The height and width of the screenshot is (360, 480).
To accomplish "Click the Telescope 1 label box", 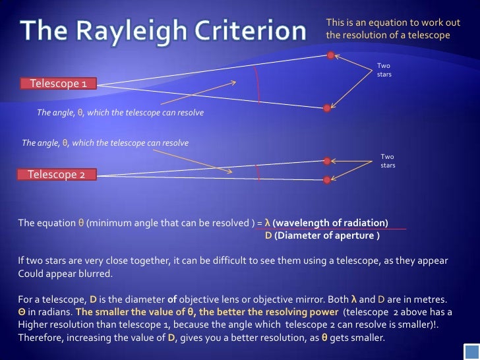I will coord(58,84).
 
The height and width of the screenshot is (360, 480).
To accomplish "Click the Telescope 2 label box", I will coord(57,175).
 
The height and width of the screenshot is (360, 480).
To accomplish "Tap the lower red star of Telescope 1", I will coord(326,107).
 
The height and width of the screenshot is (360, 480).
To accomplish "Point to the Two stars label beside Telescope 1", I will coord(384,70).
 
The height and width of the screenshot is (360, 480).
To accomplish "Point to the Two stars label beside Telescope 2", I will coord(388,160).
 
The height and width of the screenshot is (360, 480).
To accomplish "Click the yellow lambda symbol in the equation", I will coord(267,222).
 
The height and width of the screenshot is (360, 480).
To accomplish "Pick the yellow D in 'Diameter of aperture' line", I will coord(268,235).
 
